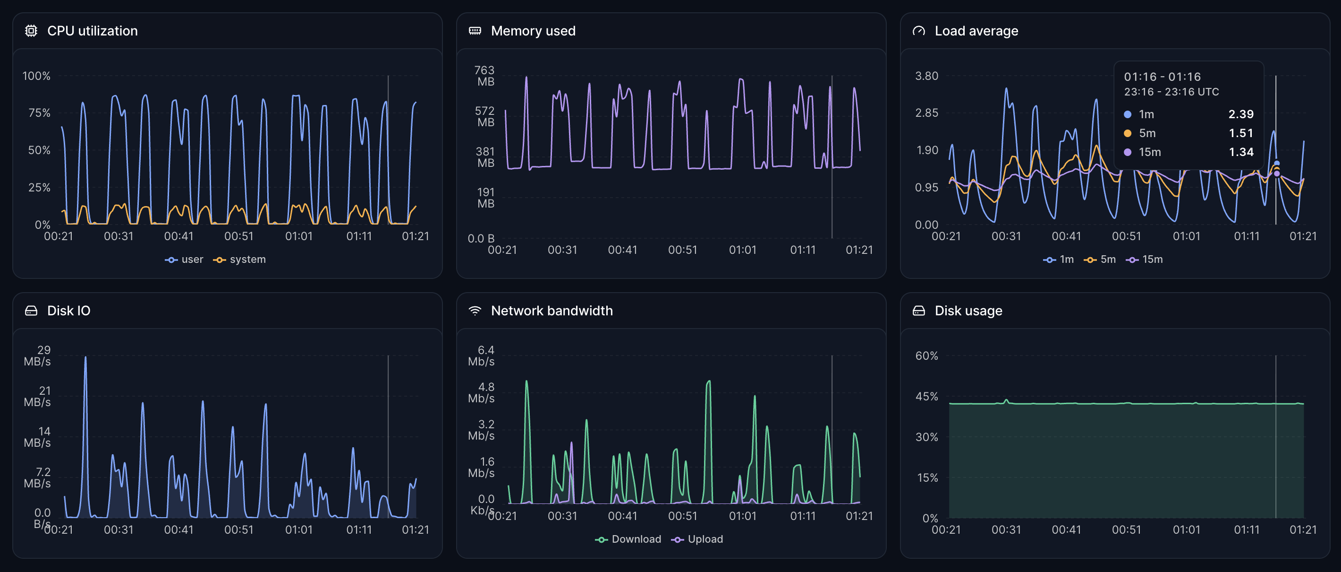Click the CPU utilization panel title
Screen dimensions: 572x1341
point(92,31)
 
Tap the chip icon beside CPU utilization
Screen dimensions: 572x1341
point(31,31)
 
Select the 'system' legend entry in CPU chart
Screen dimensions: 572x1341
point(240,260)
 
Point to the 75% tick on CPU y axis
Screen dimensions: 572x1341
point(39,113)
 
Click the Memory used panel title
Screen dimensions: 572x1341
point(533,31)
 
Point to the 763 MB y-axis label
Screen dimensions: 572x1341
point(484,76)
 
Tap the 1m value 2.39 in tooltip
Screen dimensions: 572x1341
point(1240,114)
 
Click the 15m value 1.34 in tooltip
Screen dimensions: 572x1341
point(1240,152)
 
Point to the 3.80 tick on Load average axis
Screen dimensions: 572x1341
point(926,76)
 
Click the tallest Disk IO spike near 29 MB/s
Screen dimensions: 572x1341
point(85,359)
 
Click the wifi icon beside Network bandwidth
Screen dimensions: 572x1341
point(475,311)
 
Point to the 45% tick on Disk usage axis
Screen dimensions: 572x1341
point(926,397)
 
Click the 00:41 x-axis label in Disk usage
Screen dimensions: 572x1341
point(1066,530)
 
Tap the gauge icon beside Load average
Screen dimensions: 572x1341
point(919,31)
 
